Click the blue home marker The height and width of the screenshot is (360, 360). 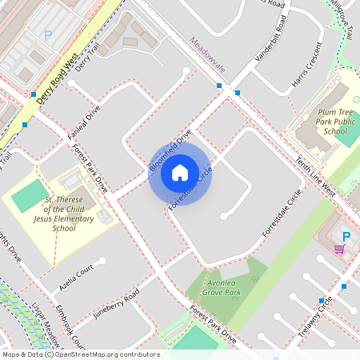click(x=180, y=172)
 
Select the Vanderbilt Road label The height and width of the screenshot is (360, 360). click(x=270, y=48)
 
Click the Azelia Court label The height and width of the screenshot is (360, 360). click(x=78, y=277)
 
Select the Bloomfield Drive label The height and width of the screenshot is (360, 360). click(x=170, y=150)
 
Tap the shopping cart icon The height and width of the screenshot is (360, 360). click(x=339, y=249)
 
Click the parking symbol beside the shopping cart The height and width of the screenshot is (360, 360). click(x=346, y=236)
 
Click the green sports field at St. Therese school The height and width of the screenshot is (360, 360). click(x=30, y=196)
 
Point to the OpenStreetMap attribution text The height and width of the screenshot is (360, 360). click(x=81, y=354)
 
